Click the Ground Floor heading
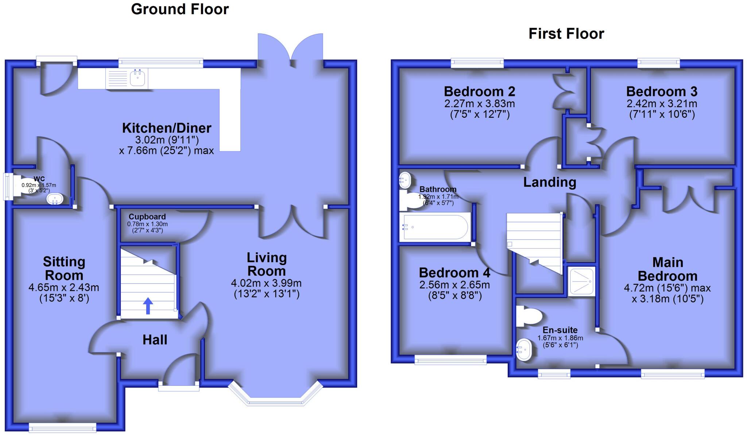coord(180,9)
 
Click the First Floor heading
coord(566,34)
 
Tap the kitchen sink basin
coord(138,78)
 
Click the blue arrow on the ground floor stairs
coord(148,306)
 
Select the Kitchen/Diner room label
coord(167,128)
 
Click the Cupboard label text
coord(147,217)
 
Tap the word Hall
coord(155,340)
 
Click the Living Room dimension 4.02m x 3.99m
coord(266,283)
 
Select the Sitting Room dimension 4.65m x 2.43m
coord(64,288)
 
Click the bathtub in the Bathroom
coord(434,227)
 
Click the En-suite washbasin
coord(525,350)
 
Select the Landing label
coord(550,182)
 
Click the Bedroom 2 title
coord(479,91)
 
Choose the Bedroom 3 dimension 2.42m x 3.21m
coord(662,104)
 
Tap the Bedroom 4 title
coord(454,273)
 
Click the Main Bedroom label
coord(667,269)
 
